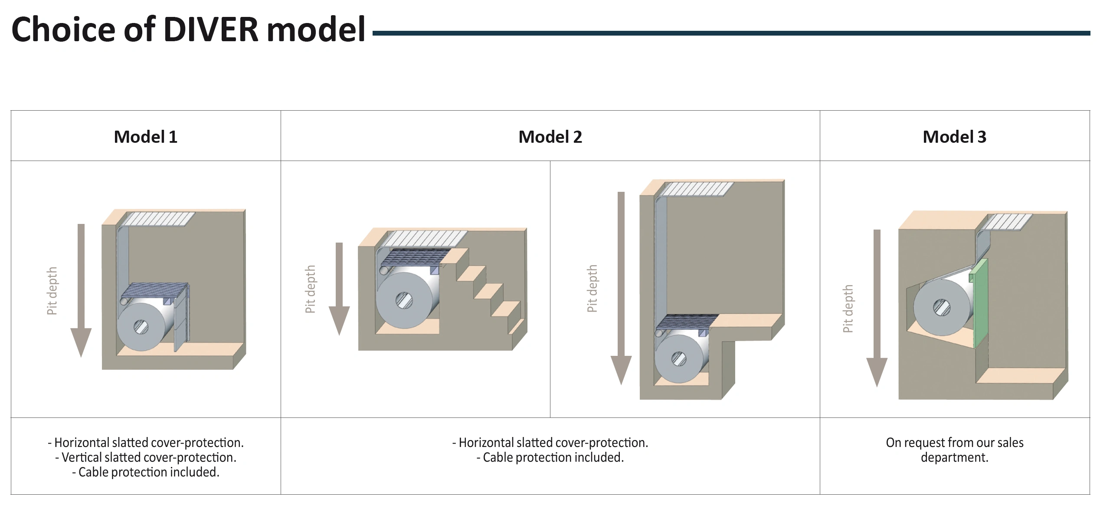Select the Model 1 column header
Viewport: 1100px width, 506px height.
(146, 137)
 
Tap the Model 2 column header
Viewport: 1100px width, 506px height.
(550, 137)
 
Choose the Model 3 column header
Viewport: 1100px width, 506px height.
(954, 137)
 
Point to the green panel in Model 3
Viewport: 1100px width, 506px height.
(981, 304)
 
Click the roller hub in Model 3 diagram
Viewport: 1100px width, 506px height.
(942, 308)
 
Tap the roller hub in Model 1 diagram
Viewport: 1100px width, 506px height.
(141, 326)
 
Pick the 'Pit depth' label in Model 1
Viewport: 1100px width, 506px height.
(52, 291)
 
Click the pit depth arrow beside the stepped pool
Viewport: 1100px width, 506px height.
(339, 288)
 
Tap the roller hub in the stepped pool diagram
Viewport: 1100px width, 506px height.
(404, 300)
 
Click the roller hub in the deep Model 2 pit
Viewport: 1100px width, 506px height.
(679, 359)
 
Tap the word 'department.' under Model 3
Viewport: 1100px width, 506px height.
(954, 457)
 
